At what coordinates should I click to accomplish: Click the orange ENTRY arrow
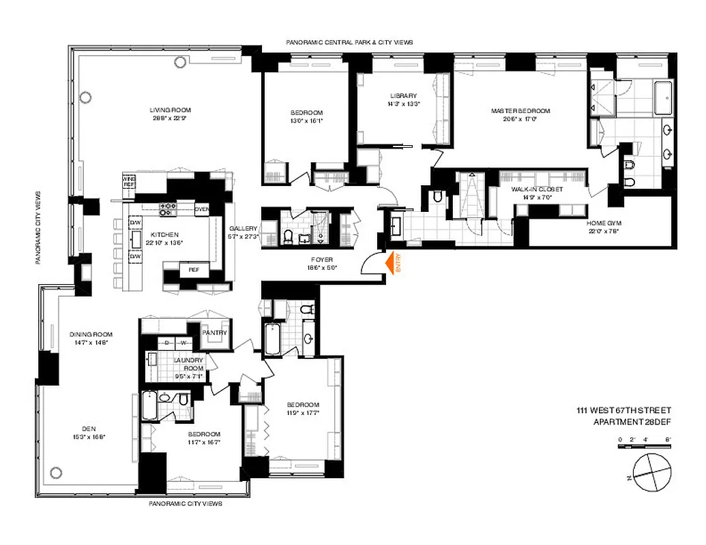tap(392, 264)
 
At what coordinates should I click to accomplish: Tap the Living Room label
tap(171, 110)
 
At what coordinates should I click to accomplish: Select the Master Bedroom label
tap(520, 110)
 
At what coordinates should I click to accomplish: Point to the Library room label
tap(404, 96)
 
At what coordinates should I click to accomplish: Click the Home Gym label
tap(604, 223)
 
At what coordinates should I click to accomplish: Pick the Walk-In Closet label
tap(539, 189)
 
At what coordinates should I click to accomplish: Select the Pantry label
tap(214, 332)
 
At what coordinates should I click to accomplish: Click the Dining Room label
tap(91, 334)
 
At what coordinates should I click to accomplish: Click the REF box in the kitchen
tap(193, 270)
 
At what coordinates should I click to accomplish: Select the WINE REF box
tap(128, 181)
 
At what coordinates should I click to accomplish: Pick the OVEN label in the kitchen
tap(201, 208)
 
